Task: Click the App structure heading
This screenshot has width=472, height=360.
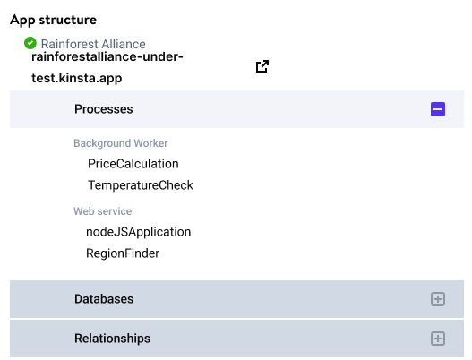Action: coord(53,21)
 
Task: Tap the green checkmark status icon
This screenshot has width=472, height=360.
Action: coord(30,43)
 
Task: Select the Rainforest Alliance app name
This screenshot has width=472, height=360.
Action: coord(93,44)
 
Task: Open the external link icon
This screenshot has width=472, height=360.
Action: coord(262,66)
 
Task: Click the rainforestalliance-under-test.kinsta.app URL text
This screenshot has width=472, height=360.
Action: coord(107,67)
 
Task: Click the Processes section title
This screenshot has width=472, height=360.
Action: coord(104,109)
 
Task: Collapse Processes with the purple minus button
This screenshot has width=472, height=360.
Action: coord(438,109)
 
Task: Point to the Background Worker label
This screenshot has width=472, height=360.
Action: coord(121,143)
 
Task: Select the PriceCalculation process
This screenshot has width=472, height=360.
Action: coord(133,164)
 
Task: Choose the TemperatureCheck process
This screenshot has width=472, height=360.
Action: coord(141,185)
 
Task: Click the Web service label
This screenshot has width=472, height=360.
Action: coord(103,211)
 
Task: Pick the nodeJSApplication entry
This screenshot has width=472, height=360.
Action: coord(139,232)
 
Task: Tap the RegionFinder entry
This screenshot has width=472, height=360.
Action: coord(123,253)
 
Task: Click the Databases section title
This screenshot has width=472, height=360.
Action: coord(104,299)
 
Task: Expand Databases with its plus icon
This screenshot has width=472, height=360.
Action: coord(438,299)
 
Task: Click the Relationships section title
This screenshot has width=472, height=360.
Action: coord(112,339)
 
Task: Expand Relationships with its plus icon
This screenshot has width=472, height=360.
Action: coord(438,339)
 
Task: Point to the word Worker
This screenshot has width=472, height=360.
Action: coord(150,143)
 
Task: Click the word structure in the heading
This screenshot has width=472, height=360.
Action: coord(68,21)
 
